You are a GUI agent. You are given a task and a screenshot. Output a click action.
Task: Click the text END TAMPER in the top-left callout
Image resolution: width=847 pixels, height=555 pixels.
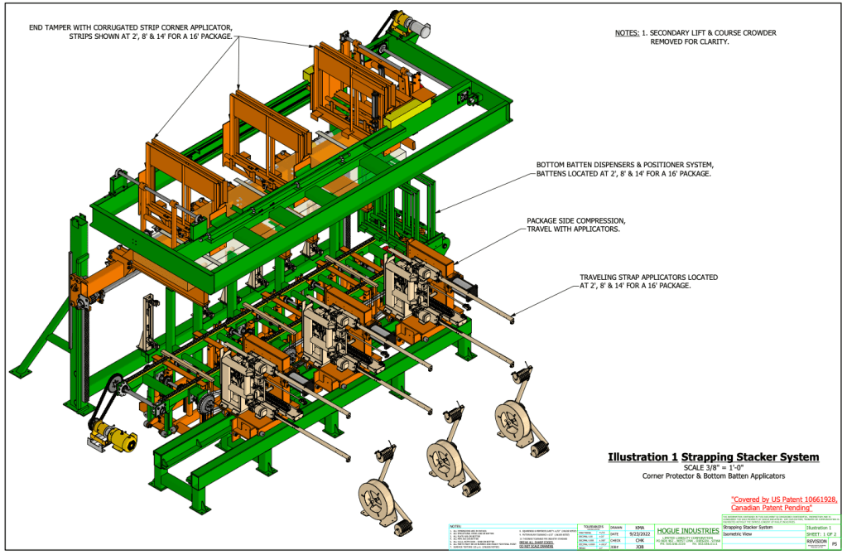[x=54, y=27]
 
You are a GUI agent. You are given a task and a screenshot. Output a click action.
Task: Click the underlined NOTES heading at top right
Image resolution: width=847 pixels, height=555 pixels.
[x=626, y=33]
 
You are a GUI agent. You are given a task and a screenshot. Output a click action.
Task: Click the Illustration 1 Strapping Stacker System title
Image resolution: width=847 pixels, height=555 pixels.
[x=713, y=456]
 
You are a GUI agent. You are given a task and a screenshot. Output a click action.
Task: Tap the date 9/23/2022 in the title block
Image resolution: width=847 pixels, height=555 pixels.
[x=639, y=533]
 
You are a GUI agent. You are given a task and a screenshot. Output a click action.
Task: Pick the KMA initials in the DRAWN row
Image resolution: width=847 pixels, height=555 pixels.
[x=639, y=527]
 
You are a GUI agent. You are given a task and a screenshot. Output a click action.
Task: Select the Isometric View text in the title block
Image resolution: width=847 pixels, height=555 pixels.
[x=742, y=534]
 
